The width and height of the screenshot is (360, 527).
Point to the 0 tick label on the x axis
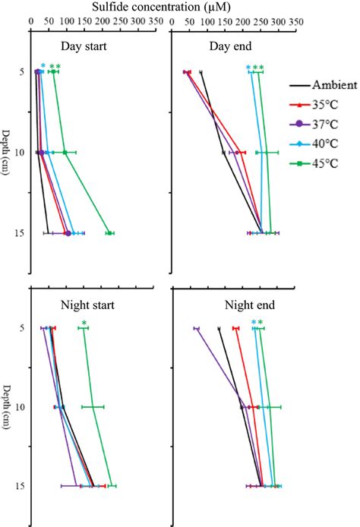(x=31, y=23)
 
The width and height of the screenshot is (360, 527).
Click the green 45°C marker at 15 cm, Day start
(x=110, y=233)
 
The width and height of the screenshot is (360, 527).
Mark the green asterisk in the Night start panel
(x=84, y=324)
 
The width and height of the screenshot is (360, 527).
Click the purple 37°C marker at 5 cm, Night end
(x=196, y=329)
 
